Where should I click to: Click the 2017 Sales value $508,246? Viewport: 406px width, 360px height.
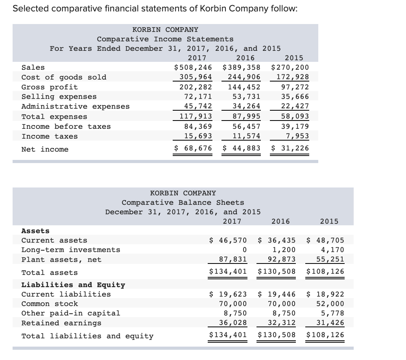(193, 67)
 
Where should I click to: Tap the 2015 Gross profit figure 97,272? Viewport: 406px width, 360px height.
(295, 87)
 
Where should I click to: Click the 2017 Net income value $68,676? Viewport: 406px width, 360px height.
(193, 148)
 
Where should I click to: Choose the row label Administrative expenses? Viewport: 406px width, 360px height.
(75, 106)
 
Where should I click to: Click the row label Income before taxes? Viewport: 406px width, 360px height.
(66, 126)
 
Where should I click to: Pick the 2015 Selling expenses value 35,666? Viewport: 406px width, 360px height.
(295, 96)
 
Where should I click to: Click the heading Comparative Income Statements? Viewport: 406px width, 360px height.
(165, 39)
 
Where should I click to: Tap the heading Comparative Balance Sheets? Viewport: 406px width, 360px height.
(183, 202)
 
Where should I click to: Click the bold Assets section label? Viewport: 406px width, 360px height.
(35, 231)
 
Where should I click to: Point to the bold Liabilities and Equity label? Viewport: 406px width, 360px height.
(73, 285)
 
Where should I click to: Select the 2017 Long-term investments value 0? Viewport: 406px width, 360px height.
(245, 250)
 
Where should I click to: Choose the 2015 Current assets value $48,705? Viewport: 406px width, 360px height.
(325, 240)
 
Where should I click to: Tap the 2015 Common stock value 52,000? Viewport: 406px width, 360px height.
(330, 304)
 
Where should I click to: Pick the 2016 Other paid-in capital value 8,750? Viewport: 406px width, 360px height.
(283, 313)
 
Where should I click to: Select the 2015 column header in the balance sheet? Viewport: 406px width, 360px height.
(329, 221)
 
